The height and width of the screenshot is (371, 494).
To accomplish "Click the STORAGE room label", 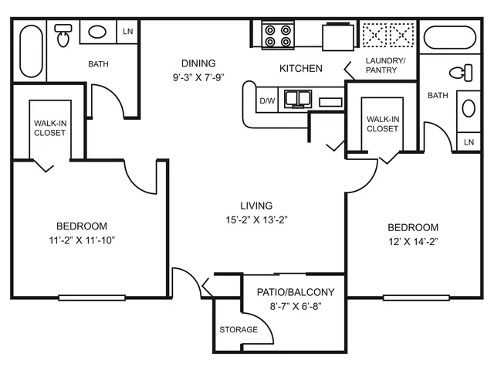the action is click(x=239, y=330).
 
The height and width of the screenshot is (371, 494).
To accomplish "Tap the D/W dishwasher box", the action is click(x=267, y=100).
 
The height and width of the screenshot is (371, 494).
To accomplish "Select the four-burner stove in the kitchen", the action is click(x=278, y=36).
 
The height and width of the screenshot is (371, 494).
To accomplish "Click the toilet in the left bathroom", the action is click(x=63, y=36).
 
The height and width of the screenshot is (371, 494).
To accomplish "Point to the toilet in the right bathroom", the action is click(x=461, y=73).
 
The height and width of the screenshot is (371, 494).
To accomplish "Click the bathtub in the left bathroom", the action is click(x=31, y=51).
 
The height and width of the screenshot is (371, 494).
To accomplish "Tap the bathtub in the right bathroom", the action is click(x=450, y=37).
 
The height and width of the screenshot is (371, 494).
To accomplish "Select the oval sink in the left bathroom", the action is click(x=97, y=32).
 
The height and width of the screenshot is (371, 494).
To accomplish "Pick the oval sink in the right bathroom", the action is click(x=469, y=108).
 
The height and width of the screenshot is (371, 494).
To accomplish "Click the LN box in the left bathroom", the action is click(x=127, y=32).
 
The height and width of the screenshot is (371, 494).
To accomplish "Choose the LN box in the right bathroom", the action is click(x=469, y=142).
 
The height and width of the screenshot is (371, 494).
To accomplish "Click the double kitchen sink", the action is click(x=298, y=99).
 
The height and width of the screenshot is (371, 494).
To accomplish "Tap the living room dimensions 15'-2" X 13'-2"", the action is click(x=256, y=220).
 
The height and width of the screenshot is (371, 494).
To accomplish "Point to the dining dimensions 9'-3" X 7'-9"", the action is click(x=198, y=77).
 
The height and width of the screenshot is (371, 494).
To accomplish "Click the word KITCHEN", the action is click(x=301, y=69).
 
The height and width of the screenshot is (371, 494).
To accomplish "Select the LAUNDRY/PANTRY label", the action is click(x=385, y=65).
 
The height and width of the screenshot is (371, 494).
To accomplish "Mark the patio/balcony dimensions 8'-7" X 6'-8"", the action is click(x=296, y=306).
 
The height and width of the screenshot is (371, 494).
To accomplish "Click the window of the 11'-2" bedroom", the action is click(x=92, y=298).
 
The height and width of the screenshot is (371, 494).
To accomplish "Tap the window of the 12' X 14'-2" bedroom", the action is click(x=416, y=298).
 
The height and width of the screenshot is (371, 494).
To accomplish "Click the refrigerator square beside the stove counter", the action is click(x=338, y=37).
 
